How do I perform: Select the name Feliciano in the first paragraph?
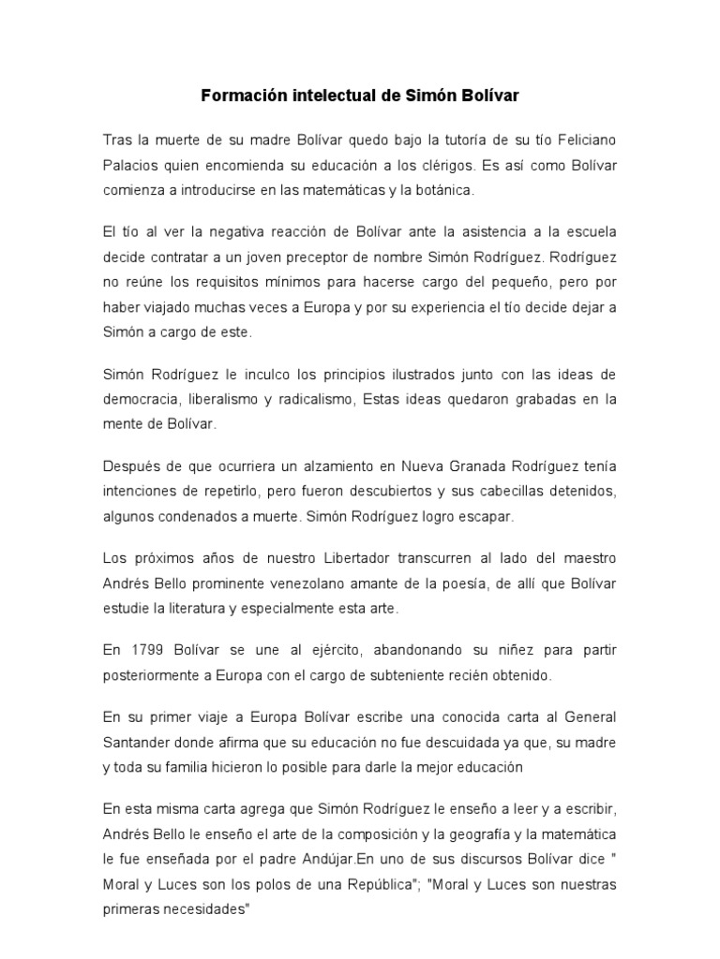click(x=582, y=140)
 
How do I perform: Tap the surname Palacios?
click(x=133, y=166)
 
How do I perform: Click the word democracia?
click(x=141, y=398)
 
